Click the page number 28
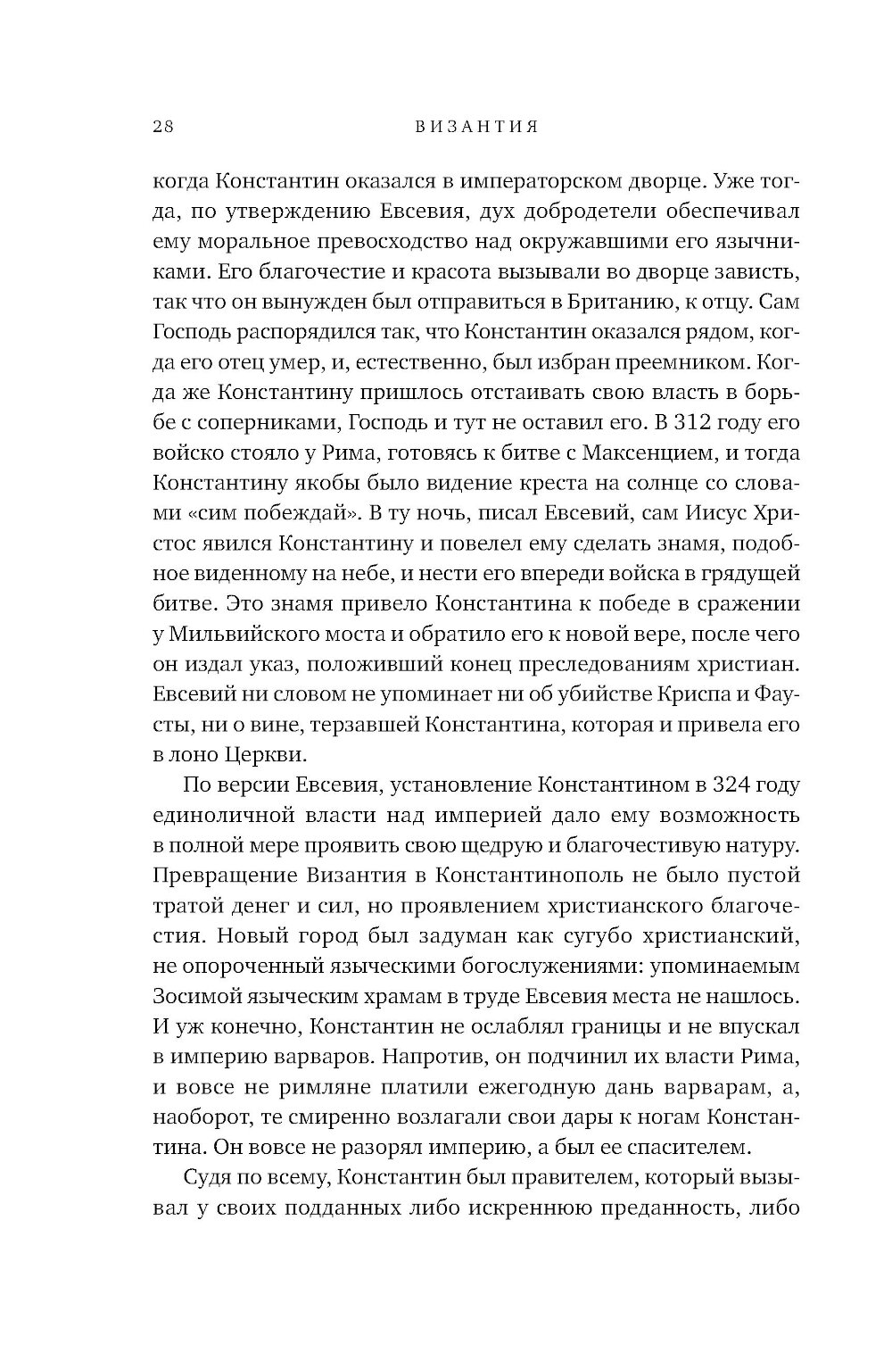point(163,127)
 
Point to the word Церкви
point(262,756)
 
